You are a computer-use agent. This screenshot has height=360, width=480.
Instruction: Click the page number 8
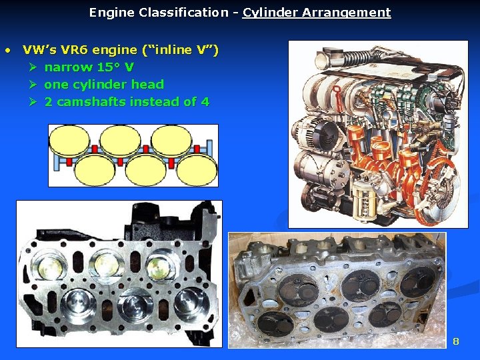point(456,341)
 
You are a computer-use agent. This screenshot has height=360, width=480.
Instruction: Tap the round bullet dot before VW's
point(7,50)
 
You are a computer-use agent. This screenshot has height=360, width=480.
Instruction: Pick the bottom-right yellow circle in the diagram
point(193,170)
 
